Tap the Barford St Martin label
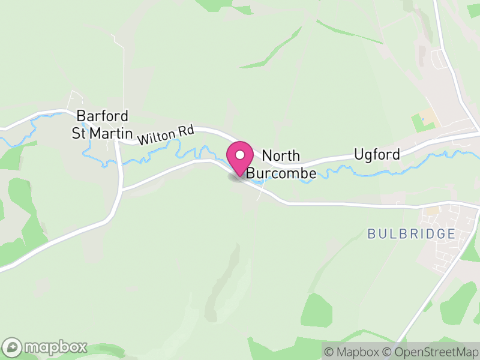(102, 124)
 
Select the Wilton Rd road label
(159, 136)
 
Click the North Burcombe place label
(281, 164)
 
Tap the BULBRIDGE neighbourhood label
(412, 234)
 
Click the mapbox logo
(46, 347)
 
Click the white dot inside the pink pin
(240, 155)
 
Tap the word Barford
(103, 116)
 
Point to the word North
(281, 156)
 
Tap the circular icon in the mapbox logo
(12, 347)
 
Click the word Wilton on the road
(152, 137)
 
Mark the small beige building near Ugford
(428, 114)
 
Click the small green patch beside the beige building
(418, 123)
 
